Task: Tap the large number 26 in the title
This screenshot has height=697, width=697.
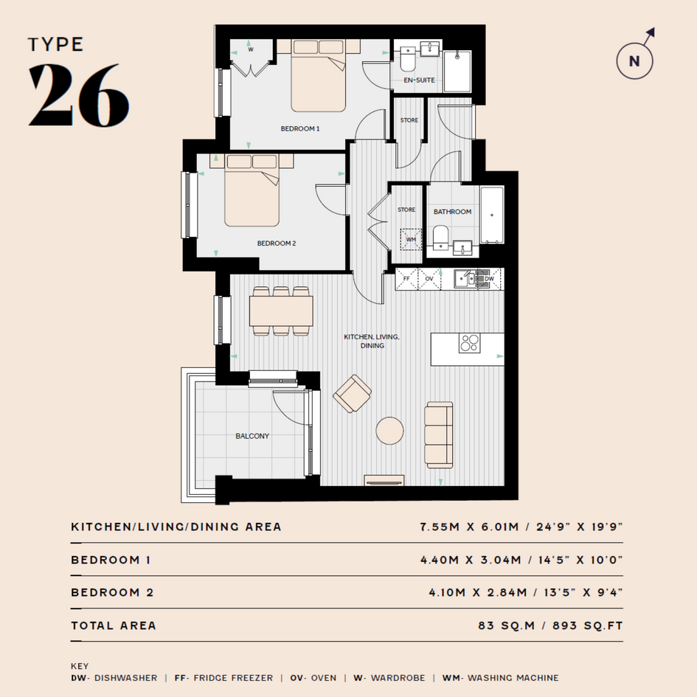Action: (x=79, y=94)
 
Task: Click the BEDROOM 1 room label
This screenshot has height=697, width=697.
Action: (x=300, y=128)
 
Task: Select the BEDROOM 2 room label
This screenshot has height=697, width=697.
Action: (x=277, y=243)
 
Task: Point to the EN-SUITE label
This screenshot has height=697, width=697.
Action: (x=419, y=80)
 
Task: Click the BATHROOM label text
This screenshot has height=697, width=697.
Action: (x=453, y=212)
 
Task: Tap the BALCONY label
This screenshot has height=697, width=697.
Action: (x=252, y=436)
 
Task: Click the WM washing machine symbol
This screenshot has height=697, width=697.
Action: (x=411, y=239)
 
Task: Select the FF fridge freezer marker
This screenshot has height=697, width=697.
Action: (x=406, y=279)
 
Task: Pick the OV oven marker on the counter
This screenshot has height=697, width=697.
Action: (x=429, y=279)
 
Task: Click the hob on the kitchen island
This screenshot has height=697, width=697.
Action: (x=469, y=343)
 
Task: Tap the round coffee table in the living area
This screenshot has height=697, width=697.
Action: (x=390, y=431)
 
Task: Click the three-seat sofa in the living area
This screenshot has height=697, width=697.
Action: (x=439, y=434)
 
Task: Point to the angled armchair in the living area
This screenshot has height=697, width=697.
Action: (x=352, y=393)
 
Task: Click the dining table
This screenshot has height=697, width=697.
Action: (x=281, y=311)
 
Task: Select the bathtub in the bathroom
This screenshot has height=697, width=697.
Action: (x=492, y=215)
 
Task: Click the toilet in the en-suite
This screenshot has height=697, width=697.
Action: (x=408, y=59)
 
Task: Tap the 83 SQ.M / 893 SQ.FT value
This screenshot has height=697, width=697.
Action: (x=550, y=625)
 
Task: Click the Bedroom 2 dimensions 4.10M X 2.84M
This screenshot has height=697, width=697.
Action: (x=478, y=592)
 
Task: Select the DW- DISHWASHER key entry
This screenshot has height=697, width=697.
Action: (x=114, y=678)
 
